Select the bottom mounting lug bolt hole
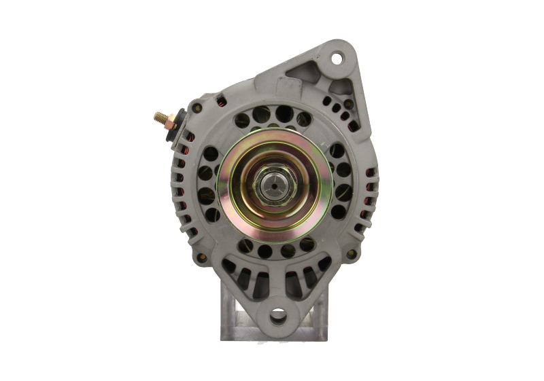pyautogui.click(x=277, y=316)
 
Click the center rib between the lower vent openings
pyautogui.click(x=277, y=282)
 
